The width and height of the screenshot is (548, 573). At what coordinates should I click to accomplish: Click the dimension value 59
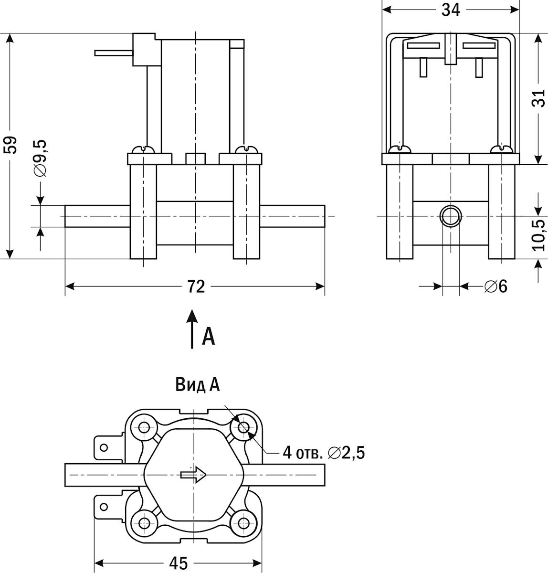click(x=11, y=145)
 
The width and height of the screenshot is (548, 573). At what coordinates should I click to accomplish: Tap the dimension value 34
click(x=451, y=10)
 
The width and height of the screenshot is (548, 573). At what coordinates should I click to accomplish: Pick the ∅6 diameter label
click(x=495, y=287)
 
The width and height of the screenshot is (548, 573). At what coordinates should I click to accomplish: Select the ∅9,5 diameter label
click(x=41, y=158)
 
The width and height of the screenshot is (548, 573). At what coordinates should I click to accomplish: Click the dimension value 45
click(x=179, y=563)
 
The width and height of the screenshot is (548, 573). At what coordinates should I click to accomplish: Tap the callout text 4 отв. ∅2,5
click(x=324, y=452)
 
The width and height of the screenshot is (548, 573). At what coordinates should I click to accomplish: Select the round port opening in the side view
click(x=450, y=216)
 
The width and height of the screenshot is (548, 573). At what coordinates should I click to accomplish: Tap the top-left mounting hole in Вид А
click(x=143, y=426)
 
